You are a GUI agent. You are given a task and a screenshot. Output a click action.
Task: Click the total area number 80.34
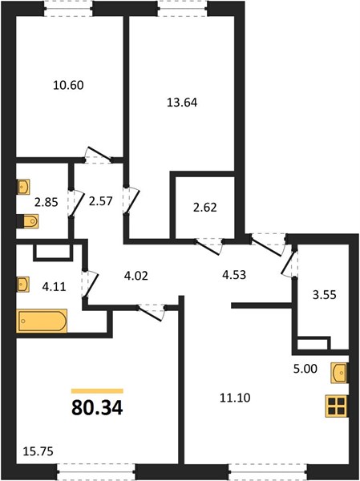pyautogui.click(x=97, y=408)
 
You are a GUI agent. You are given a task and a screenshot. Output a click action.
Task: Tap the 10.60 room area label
pyautogui.click(x=68, y=85)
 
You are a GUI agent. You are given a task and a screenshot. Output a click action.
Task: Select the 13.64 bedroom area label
pyautogui.click(x=182, y=102)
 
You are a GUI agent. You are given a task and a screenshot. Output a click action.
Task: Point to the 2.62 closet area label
pyautogui.click(x=205, y=208)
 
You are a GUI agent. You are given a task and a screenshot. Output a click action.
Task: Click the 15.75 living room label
pyautogui.click(x=38, y=451)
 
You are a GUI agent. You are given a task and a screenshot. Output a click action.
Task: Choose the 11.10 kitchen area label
pyautogui.click(x=235, y=398)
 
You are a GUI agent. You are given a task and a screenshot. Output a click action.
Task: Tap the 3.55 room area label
pyautogui.click(x=325, y=294)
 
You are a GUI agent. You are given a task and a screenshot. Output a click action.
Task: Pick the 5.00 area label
pyautogui.click(x=305, y=369)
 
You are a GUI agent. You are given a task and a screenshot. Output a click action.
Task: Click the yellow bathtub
pyautogui.click(x=42, y=321)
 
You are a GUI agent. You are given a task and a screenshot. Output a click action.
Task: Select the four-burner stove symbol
pyautogui.click(x=336, y=406)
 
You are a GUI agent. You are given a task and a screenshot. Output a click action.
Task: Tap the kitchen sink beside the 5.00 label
pyautogui.click(x=339, y=373)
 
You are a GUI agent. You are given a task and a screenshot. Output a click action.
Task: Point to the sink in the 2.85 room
pyautogui.click(x=23, y=187)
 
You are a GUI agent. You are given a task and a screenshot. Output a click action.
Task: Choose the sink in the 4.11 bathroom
pyautogui.click(x=22, y=285)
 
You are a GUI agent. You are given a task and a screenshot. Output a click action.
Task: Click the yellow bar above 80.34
pyautogui.click(x=97, y=391)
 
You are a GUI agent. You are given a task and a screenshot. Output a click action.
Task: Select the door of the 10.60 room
pyautogui.click(x=98, y=155)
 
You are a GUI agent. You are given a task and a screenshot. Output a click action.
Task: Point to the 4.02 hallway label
pyautogui.click(x=136, y=276)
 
